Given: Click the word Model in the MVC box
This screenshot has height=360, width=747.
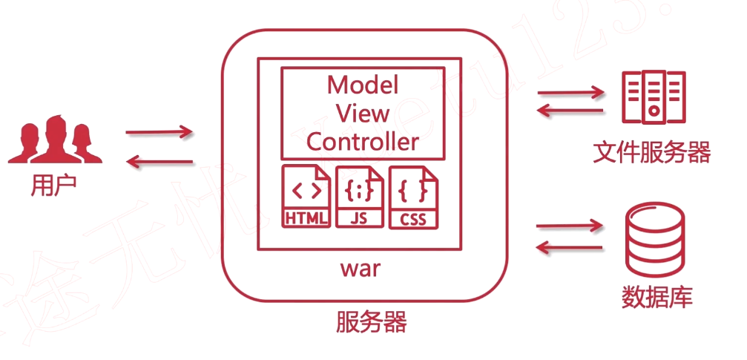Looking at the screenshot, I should (x=363, y=85).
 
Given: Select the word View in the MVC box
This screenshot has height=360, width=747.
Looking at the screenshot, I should (x=363, y=113).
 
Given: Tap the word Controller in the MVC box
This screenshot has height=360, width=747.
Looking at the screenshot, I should (x=363, y=141).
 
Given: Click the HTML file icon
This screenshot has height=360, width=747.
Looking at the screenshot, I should (x=306, y=196).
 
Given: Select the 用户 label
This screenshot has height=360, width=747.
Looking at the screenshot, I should (x=53, y=186).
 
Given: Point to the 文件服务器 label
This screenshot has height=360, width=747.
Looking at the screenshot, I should (x=652, y=153).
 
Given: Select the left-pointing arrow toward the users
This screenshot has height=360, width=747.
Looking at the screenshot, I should (x=159, y=161).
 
